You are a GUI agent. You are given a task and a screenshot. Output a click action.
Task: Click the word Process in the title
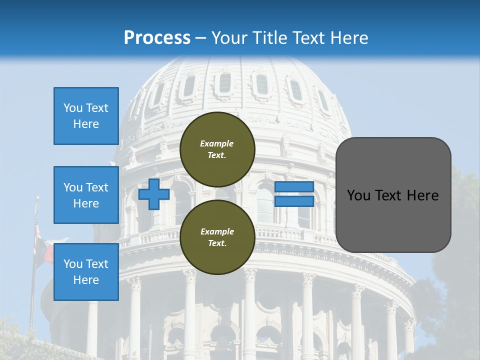click(157, 38)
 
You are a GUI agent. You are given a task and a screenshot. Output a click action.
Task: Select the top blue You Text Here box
click(86, 116)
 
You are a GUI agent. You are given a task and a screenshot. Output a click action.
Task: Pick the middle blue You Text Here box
click(86, 195)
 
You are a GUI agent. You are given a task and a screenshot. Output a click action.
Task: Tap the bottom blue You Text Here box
click(86, 272)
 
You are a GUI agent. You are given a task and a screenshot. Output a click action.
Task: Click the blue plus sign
click(153, 194)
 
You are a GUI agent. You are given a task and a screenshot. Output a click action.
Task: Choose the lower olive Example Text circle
click(217, 237)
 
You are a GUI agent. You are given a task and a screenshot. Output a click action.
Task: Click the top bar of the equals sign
click(294, 187)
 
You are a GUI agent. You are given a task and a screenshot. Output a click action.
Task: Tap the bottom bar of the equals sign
click(294, 201)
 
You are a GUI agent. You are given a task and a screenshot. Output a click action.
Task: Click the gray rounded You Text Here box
click(393, 195)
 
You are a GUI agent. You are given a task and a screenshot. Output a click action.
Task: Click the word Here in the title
click(348, 38)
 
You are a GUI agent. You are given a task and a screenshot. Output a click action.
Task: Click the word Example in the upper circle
click(217, 143)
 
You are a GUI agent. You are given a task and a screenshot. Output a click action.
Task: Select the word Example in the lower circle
click(217, 231)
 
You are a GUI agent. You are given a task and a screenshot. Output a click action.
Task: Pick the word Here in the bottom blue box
click(86, 280)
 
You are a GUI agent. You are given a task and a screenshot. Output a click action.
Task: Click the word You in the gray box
click(358, 195)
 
